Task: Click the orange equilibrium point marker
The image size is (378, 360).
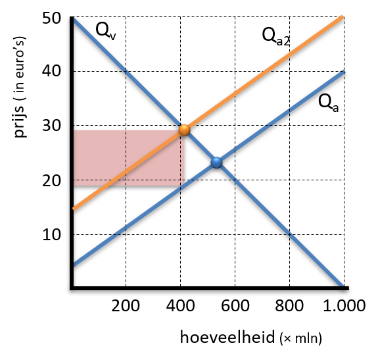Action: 185,130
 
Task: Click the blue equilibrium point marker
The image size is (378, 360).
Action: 216,163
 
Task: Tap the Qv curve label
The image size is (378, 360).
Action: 106,32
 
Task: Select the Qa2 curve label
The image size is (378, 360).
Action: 276,37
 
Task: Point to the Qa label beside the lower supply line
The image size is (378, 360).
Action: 328,103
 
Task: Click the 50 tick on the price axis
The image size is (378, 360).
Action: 51,18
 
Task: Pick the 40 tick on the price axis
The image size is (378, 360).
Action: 51,71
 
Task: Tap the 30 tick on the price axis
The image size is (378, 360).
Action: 51,125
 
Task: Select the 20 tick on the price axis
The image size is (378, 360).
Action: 51,180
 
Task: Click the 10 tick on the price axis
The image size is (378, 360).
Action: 51,234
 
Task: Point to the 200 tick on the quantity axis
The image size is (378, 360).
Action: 126,306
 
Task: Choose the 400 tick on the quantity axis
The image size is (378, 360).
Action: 180,306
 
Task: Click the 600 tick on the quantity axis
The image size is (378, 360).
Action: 235,306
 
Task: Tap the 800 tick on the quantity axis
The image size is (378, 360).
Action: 289,306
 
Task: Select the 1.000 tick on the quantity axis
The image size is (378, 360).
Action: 344,306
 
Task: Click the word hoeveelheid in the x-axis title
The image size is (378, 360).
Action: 227,337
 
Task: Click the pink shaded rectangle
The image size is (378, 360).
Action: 129,158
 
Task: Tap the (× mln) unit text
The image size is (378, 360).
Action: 301,338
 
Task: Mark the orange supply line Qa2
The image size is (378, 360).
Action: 208,113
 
